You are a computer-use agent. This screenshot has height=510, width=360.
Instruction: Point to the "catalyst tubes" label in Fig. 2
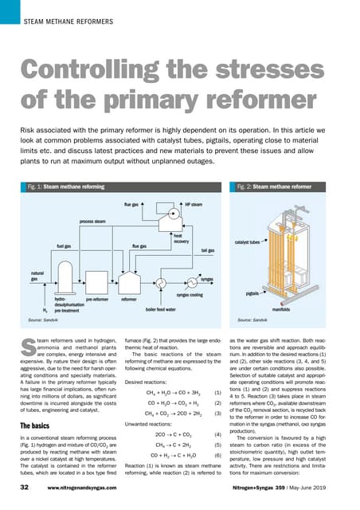tap(248, 240)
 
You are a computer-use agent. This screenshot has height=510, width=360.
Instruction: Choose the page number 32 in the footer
tap(25, 485)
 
